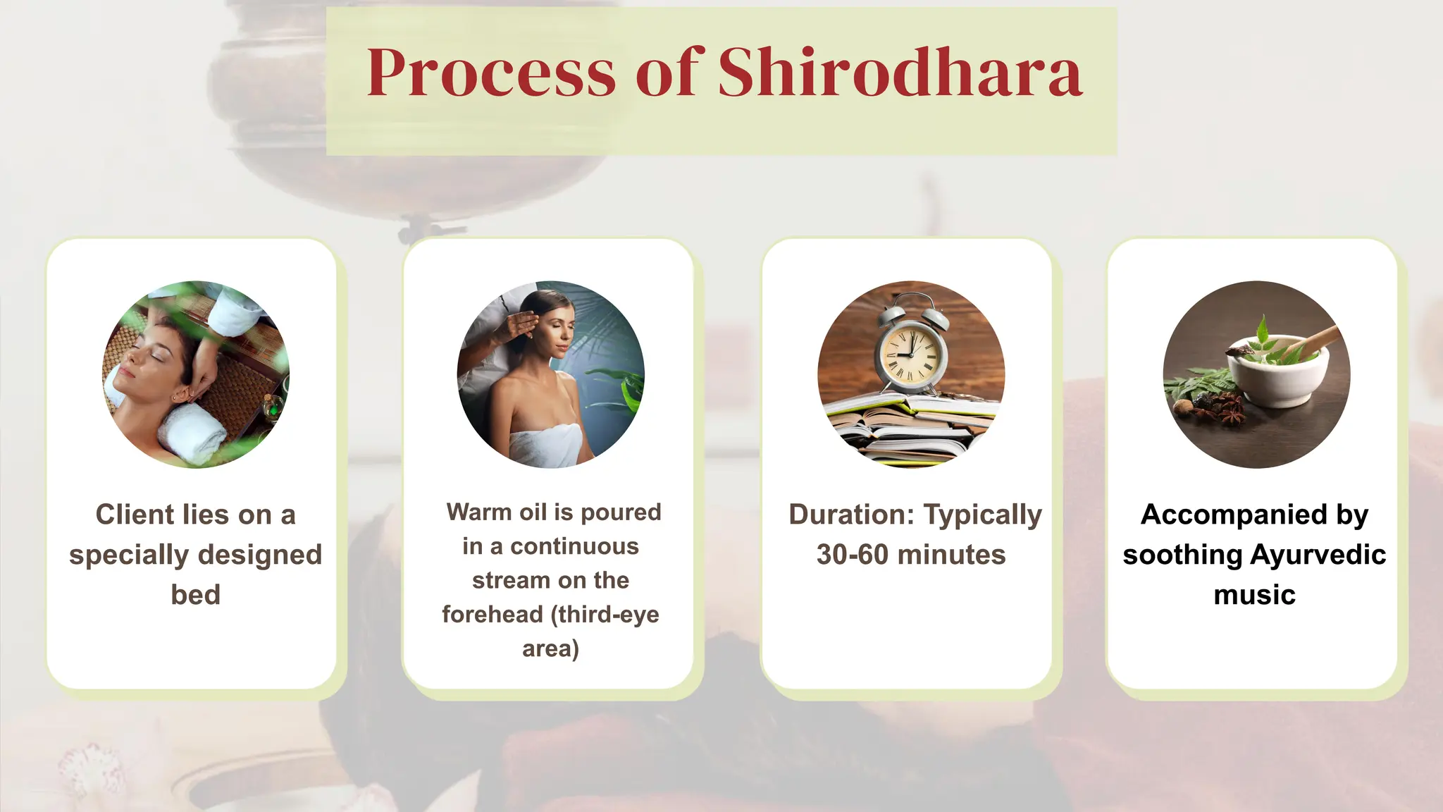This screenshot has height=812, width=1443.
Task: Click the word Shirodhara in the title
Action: (x=900, y=73)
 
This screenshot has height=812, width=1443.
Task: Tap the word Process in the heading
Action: (x=491, y=73)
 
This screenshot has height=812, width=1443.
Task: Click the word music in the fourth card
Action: (x=1254, y=595)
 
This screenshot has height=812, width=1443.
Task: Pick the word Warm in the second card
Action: (x=474, y=512)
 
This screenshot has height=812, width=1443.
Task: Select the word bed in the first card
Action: (x=195, y=595)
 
